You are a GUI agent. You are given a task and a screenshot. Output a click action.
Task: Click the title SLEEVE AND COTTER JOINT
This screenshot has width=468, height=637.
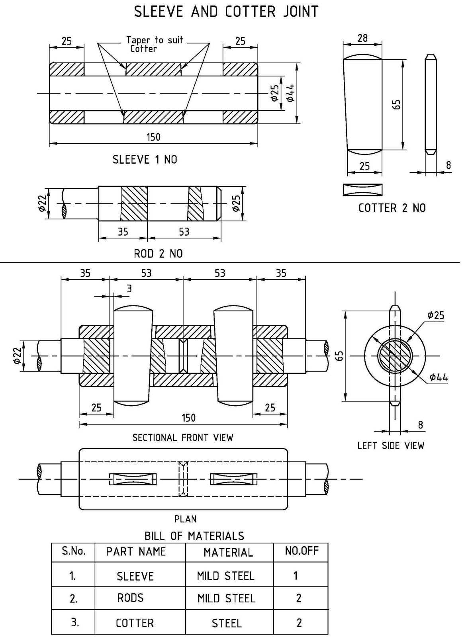point(226,12)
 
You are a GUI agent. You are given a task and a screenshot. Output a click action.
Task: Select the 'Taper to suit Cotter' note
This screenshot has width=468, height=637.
point(155,44)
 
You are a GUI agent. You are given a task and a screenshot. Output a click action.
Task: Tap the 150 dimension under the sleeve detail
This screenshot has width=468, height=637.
point(154,137)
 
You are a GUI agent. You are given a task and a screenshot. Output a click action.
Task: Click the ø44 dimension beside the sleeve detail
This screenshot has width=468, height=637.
point(290,93)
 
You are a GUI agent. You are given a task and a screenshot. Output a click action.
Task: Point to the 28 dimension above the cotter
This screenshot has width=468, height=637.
point(362,38)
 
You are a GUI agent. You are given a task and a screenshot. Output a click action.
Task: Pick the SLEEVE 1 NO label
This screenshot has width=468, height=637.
point(145,159)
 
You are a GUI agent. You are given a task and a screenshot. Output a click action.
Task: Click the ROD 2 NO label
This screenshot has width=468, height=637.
point(159,253)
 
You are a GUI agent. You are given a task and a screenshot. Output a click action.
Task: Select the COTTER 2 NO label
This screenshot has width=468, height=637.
point(392,208)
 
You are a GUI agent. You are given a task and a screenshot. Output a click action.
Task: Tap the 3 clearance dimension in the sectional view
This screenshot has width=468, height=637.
point(129,289)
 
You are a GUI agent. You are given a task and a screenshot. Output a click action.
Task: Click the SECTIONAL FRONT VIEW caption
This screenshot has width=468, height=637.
point(183,438)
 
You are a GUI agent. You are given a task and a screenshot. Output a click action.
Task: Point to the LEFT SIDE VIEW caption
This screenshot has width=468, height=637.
point(391,446)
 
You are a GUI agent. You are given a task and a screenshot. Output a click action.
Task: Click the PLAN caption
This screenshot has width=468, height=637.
point(185,519)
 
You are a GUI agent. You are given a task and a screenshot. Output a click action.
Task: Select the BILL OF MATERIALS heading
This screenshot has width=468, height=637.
point(194,536)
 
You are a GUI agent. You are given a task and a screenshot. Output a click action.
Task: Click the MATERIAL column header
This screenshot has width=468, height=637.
point(228,553)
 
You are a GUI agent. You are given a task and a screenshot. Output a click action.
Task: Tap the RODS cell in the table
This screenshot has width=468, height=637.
point(130,598)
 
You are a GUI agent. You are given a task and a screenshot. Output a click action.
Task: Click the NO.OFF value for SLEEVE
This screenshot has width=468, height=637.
point(296,576)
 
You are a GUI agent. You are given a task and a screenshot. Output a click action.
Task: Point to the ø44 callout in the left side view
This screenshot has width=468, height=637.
point(439,377)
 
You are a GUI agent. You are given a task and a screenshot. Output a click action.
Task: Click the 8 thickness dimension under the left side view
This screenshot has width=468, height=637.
point(421,425)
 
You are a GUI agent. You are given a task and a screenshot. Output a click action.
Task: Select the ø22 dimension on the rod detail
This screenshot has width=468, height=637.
point(42,203)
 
